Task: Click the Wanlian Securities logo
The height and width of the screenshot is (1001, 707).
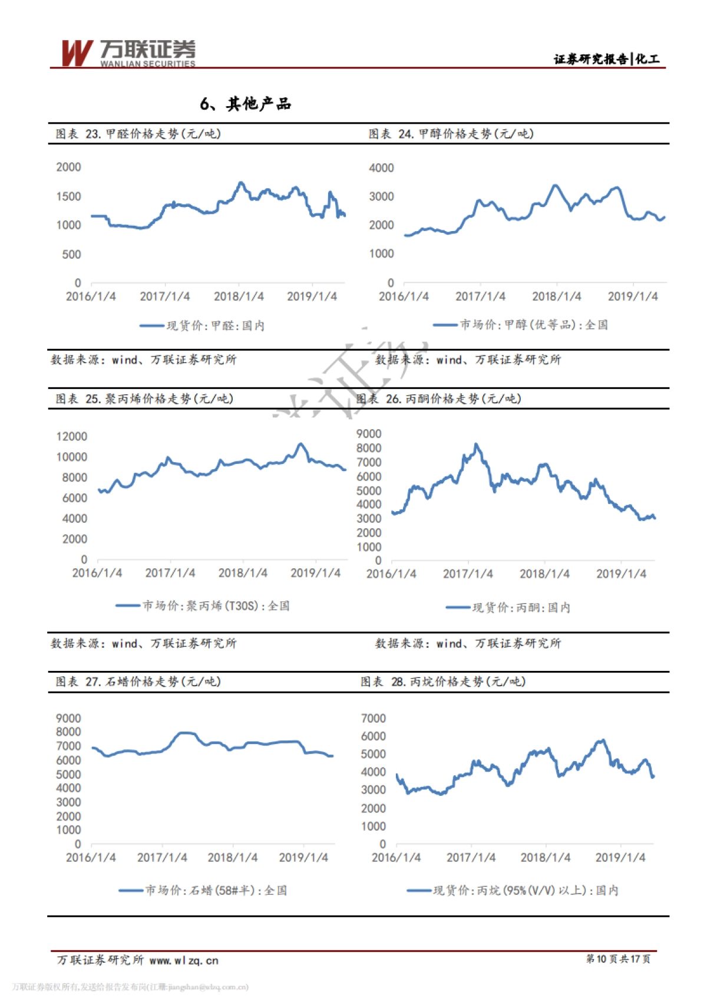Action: click(128, 53)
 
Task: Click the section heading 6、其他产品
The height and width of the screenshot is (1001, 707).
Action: click(246, 104)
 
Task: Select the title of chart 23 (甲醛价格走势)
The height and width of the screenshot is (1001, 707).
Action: click(138, 134)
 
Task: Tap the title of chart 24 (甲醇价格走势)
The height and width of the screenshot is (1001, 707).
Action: click(451, 134)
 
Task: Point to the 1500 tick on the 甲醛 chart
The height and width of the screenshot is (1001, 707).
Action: click(68, 196)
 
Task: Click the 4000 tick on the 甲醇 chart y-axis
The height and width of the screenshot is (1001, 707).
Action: click(381, 168)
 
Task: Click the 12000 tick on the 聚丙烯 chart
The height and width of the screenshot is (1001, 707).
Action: click(71, 436)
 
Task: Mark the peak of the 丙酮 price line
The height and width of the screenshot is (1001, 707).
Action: click(476, 444)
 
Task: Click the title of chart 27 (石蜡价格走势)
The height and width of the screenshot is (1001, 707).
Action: click(138, 681)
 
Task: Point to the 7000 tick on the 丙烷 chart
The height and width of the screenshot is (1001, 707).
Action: click(374, 718)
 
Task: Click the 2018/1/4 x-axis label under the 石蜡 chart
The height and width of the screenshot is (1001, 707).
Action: click(232, 857)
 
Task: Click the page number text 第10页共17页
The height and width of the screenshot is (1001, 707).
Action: click(618, 959)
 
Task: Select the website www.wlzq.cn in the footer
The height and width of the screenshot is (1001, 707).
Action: click(184, 960)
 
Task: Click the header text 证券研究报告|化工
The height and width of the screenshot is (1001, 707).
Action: click(606, 58)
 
